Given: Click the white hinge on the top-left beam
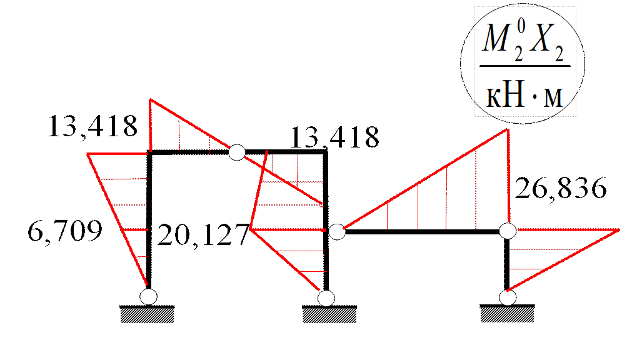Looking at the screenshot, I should tap(236, 152).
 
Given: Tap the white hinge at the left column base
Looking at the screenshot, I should tap(148, 296).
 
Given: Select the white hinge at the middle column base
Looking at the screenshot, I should tap(326, 297).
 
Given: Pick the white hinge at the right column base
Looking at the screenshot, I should tap(508, 297).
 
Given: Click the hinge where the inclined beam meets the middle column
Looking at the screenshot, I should tap(337, 232).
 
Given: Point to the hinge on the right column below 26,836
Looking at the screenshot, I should tap(508, 231).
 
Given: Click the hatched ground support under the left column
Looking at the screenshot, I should tap(148, 314).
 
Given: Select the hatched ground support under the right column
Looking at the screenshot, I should tap(507, 314).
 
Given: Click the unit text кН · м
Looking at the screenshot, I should tap(524, 98).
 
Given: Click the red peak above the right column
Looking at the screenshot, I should tap(507, 129).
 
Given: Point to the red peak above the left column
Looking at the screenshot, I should tap(150, 99).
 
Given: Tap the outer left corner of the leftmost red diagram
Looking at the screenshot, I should tap(88, 153).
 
